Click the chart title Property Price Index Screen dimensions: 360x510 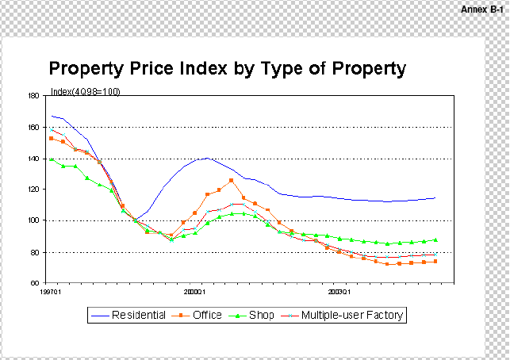tap(228, 68)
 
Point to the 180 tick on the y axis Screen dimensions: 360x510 tap(33, 96)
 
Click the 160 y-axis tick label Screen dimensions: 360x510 tap(33, 127)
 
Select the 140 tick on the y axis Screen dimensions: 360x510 tap(33, 159)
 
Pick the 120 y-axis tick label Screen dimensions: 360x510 tap(33, 190)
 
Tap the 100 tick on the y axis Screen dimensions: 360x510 tap(33, 220)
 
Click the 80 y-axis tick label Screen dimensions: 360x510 tap(35, 252)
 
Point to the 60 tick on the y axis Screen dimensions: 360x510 tap(35, 283)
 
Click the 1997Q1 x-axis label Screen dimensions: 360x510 tap(51, 292)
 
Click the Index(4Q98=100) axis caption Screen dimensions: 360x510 tap(86, 91)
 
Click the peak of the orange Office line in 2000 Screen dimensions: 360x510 tap(231, 180)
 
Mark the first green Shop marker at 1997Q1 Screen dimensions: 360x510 tap(52, 159)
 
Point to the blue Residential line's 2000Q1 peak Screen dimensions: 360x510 tap(207, 158)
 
